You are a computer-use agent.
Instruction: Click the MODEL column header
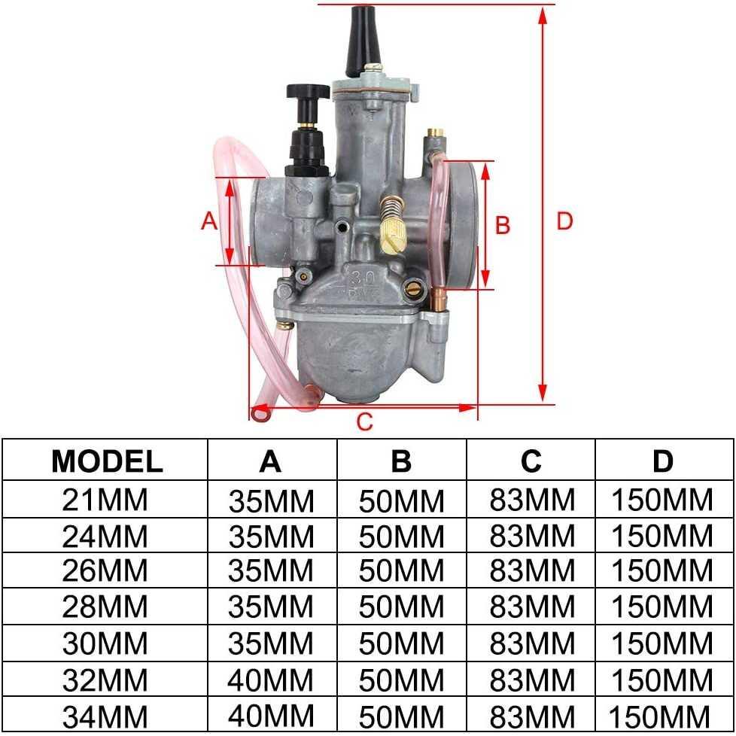coord(107,461)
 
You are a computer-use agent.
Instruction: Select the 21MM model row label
coord(107,499)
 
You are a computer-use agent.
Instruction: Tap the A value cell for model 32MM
coord(270,680)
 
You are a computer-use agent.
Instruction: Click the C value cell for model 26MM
coord(531,570)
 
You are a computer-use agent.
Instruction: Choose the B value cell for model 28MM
coord(401,607)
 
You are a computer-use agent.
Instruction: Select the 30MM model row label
coord(107,643)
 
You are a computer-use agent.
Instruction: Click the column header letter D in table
coord(662,461)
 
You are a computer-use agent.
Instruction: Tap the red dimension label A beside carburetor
coord(209,220)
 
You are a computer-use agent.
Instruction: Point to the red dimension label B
coord(503,224)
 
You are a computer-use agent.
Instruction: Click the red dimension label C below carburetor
coord(364,422)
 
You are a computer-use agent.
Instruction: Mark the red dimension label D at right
coord(564,220)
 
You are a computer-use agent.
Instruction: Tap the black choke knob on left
coord(309,94)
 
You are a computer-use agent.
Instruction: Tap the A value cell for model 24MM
coord(270,535)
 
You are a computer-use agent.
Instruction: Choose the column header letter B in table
coord(401,461)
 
